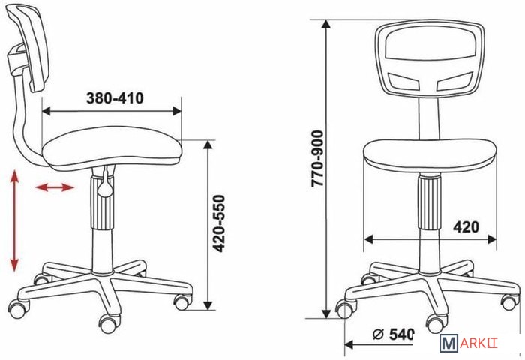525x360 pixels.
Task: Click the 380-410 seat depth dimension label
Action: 115,98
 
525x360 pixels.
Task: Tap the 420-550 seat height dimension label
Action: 220,223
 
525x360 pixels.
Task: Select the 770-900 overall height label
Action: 317,158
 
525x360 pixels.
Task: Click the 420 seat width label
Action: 466,227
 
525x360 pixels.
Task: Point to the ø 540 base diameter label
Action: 394,334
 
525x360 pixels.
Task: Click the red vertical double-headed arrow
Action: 14,220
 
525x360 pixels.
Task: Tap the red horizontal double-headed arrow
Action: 55,187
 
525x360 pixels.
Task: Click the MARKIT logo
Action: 469,343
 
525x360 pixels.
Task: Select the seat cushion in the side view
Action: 112,147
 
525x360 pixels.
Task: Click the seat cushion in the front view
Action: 430,156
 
